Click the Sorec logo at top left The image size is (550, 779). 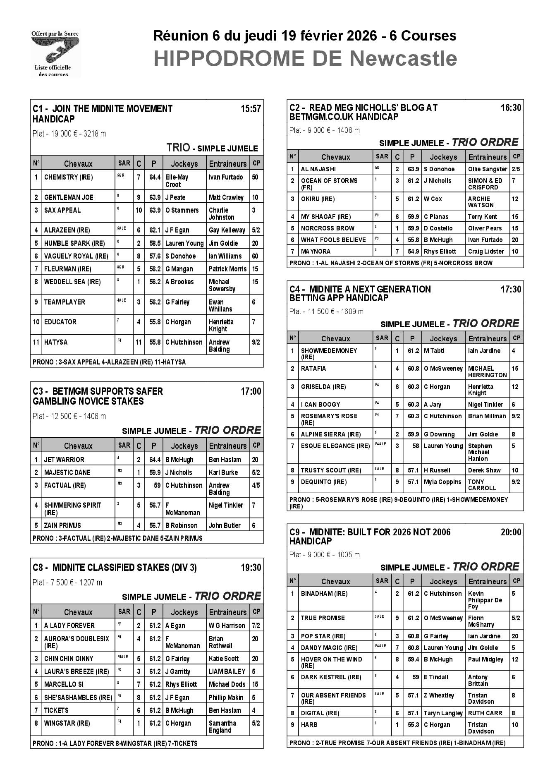[x=55, y=54]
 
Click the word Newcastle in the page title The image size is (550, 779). [x=403, y=59]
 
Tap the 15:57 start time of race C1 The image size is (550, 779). [x=251, y=109]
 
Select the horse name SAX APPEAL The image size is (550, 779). [x=62, y=210]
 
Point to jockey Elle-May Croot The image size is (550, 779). [x=177, y=181]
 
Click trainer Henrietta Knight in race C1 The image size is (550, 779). [x=221, y=325]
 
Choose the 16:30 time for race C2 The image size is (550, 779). [x=511, y=108]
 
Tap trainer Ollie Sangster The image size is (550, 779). [x=487, y=169]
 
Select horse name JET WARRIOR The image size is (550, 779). [x=64, y=459]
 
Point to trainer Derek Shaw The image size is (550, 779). [x=484, y=470]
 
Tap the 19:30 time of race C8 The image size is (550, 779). [x=251, y=568]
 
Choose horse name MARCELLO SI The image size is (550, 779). [x=64, y=684]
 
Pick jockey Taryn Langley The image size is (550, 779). [x=443, y=713]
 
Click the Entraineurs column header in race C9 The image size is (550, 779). [x=487, y=581]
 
